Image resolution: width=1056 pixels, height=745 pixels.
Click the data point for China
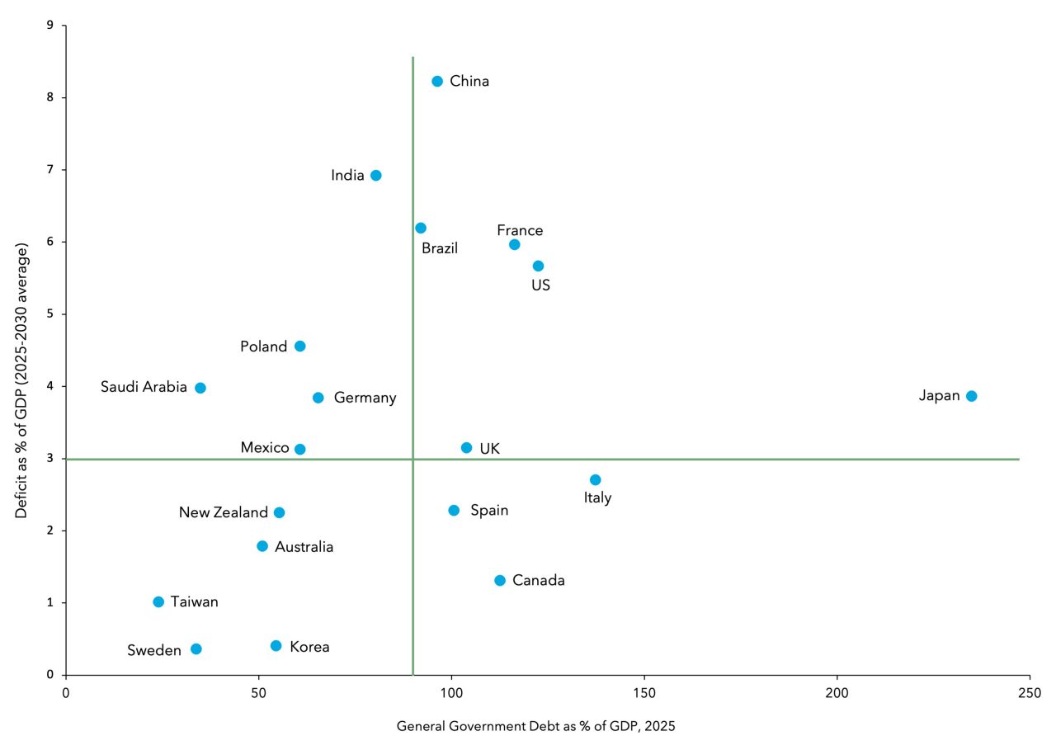click(x=437, y=81)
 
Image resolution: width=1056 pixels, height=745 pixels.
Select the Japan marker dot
click(x=971, y=396)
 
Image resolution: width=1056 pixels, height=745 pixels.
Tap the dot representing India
click(x=376, y=175)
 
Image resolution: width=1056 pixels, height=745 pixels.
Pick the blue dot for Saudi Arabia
click(x=200, y=388)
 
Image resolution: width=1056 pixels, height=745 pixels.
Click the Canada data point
click(x=500, y=581)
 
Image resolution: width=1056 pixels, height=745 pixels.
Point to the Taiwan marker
click(x=158, y=602)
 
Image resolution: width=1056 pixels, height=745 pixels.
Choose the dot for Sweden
click(x=196, y=649)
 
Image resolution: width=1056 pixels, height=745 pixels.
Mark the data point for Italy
click(x=595, y=480)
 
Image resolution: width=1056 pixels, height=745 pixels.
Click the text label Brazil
click(x=440, y=248)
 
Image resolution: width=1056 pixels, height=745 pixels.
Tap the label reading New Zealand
click(x=224, y=513)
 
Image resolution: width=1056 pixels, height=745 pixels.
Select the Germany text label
click(x=365, y=398)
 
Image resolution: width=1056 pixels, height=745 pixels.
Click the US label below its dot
click(x=540, y=285)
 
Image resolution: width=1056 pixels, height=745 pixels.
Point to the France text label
click(x=520, y=231)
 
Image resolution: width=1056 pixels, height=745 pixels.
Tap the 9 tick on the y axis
click(x=50, y=26)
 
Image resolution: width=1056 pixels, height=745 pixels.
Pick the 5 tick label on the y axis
click(x=50, y=314)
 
